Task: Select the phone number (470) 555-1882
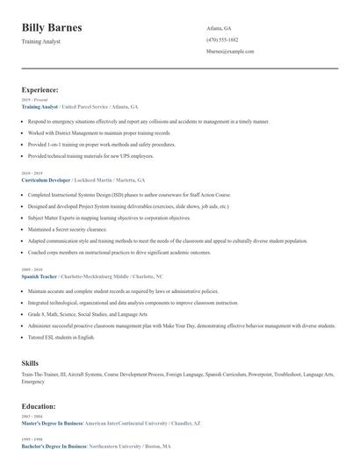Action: tap(222, 39)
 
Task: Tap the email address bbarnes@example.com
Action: tap(230, 52)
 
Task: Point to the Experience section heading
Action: tap(40, 89)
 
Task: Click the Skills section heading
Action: tap(30, 362)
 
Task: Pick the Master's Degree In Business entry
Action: tap(53, 423)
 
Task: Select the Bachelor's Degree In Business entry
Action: tap(54, 445)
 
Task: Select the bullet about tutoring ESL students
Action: tap(61, 336)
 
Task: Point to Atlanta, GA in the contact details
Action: tap(219, 28)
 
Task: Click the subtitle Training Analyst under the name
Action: tap(41, 41)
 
